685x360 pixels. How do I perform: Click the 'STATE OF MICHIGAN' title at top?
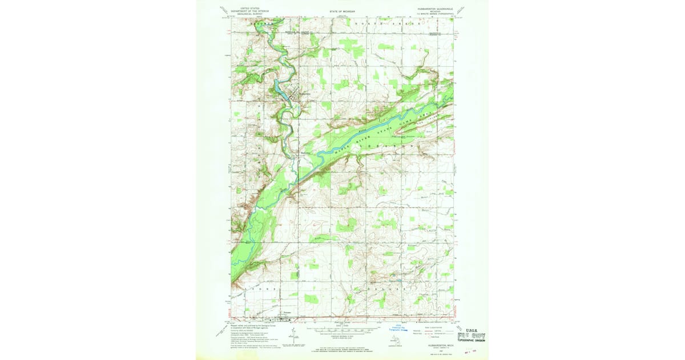coord(342,11)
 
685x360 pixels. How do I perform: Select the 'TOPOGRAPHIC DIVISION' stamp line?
coord(472,341)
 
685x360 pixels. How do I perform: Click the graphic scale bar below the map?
coord(341,330)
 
